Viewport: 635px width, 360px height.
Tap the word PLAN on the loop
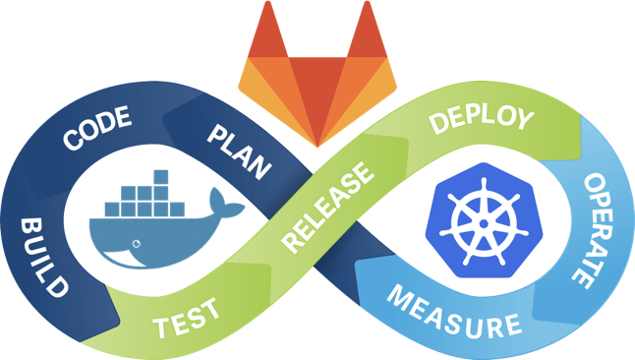tap(240, 150)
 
